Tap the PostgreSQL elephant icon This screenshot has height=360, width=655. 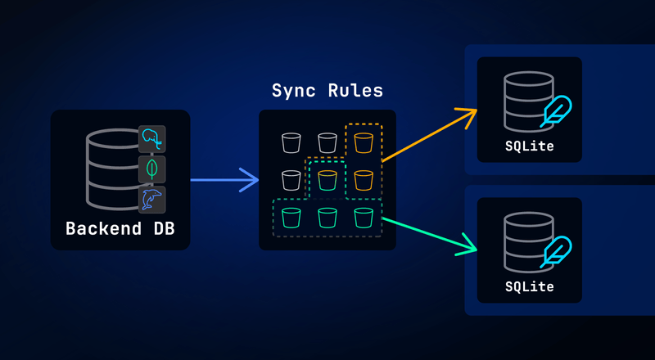[x=151, y=139]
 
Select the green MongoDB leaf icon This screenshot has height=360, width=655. [x=151, y=169]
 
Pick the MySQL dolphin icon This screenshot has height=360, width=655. [x=151, y=199]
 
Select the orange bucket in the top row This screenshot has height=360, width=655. [x=364, y=143]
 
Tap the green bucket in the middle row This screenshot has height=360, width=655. [x=327, y=180]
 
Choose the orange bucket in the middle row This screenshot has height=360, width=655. [x=364, y=180]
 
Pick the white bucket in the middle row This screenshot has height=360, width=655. [x=291, y=180]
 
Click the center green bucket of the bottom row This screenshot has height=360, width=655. [x=327, y=218]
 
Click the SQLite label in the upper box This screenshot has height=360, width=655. [x=529, y=146]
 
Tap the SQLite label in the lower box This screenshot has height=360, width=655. [x=529, y=287]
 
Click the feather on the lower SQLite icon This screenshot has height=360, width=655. [x=557, y=251]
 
